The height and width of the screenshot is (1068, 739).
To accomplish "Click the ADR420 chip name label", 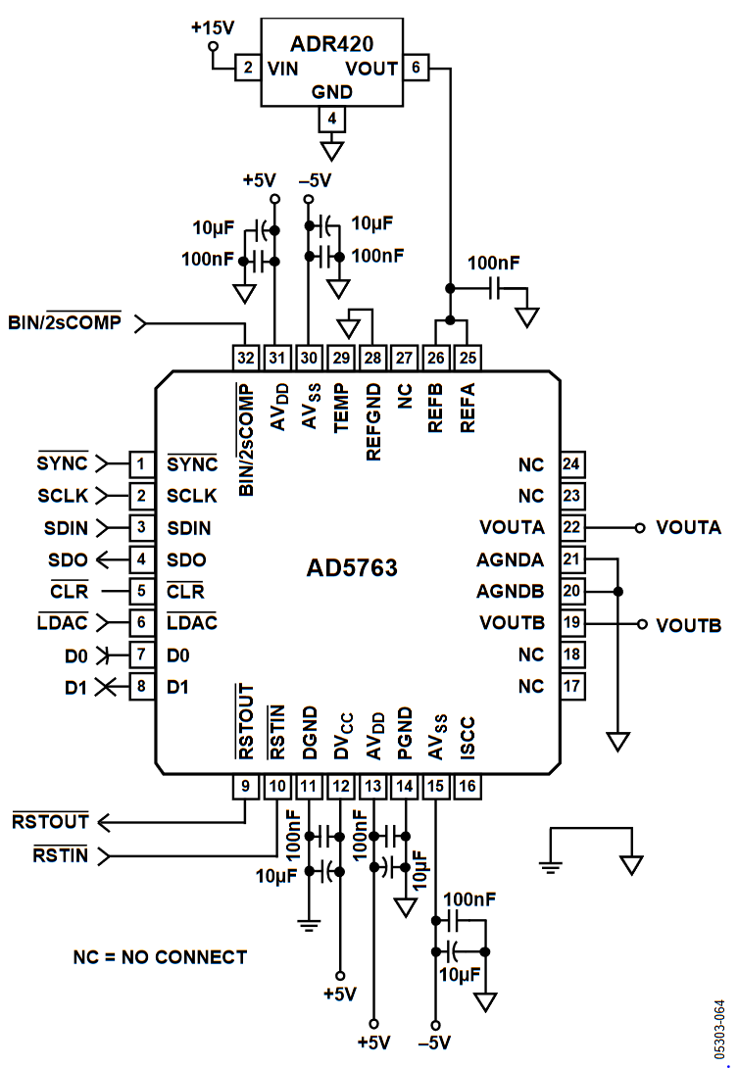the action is pyautogui.click(x=331, y=43).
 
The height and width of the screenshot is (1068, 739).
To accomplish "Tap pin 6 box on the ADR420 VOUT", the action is pyautogui.click(x=416, y=68).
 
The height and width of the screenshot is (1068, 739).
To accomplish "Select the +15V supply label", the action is pyautogui.click(x=213, y=28).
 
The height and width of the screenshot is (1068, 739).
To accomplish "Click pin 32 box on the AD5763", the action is pyautogui.click(x=245, y=358).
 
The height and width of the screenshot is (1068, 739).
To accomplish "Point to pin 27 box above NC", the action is pyautogui.click(x=404, y=358).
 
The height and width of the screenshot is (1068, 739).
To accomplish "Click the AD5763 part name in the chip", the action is pyautogui.click(x=352, y=567).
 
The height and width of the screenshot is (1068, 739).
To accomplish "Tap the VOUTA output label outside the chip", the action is pyautogui.click(x=688, y=528).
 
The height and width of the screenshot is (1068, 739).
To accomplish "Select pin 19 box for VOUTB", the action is pyautogui.click(x=571, y=622).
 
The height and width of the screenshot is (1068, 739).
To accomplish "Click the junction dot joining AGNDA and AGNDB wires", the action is pyautogui.click(x=617, y=591).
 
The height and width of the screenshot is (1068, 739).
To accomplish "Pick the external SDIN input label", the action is pyautogui.click(x=66, y=528).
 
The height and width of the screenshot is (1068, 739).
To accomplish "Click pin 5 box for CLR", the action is pyautogui.click(x=141, y=591).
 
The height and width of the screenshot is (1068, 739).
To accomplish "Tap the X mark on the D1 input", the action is pyautogui.click(x=105, y=687).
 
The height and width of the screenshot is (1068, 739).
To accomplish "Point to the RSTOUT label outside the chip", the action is pyautogui.click(x=50, y=821).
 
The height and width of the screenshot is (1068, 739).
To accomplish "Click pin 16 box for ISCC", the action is pyautogui.click(x=468, y=786).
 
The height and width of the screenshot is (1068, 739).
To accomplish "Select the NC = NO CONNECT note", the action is pyautogui.click(x=160, y=957).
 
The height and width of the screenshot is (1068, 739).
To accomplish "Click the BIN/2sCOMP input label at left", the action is pyautogui.click(x=65, y=321).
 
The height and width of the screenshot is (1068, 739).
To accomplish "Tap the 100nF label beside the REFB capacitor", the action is pyautogui.click(x=493, y=263).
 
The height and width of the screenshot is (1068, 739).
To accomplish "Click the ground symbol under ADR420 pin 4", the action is pyautogui.click(x=331, y=151).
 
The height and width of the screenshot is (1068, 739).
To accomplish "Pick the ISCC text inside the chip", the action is pyautogui.click(x=468, y=738).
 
